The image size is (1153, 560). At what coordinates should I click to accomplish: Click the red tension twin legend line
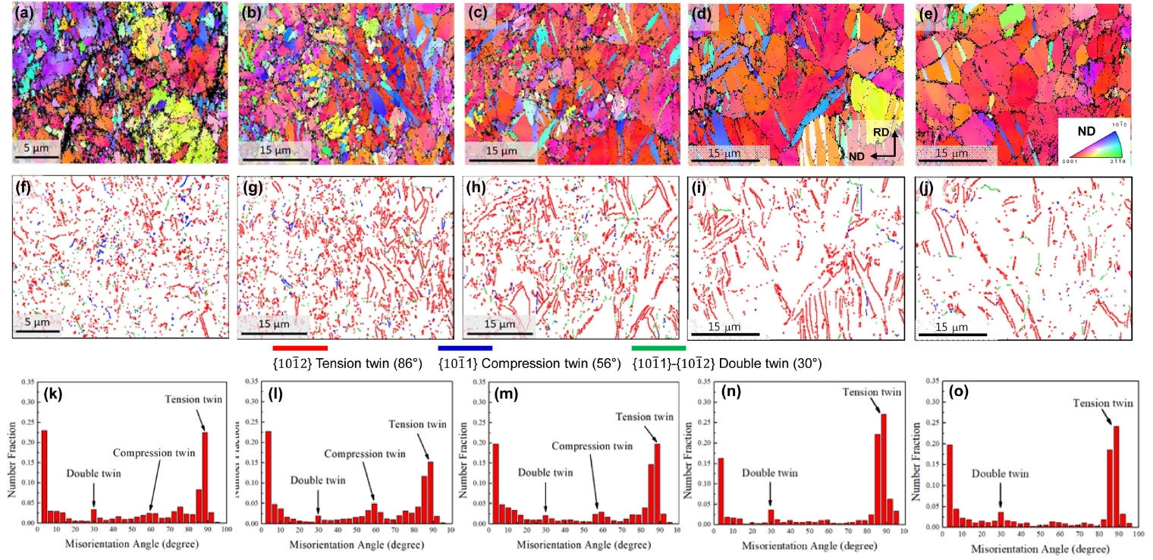pos(300,348)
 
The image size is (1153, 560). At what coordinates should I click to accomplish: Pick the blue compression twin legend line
pos(465,348)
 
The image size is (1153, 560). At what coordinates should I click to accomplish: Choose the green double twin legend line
pos(658,348)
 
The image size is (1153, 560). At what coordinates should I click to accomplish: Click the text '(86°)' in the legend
pos(407,363)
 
